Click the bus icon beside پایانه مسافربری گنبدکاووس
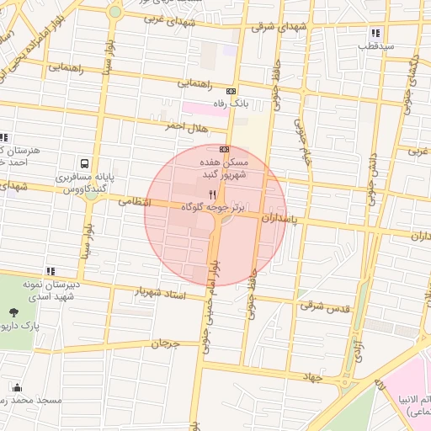click(x=84, y=164)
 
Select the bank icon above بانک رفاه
click(x=231, y=91)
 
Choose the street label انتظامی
click(x=134, y=202)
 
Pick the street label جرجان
click(x=167, y=343)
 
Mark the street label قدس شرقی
click(x=323, y=305)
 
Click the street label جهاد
click(x=313, y=378)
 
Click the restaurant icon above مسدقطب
click(x=375, y=34)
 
